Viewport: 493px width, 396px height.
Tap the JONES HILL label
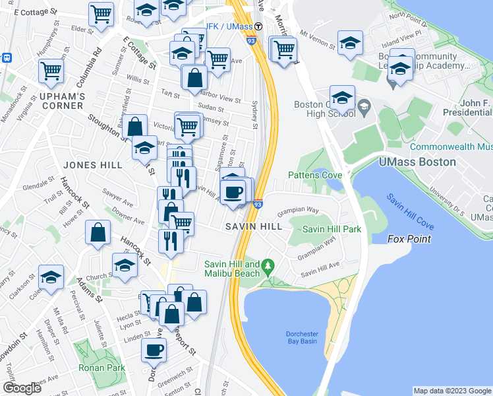(65, 165)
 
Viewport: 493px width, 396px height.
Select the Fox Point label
(409, 238)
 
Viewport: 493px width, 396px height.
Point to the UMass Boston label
(417, 162)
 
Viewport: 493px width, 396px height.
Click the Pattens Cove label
(314, 175)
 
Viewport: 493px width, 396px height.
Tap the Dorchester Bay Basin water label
(301, 337)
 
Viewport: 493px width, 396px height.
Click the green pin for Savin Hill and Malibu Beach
(267, 267)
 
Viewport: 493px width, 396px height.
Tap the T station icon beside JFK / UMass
(259, 26)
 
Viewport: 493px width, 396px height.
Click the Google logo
(22, 388)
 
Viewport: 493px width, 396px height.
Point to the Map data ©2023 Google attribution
(451, 391)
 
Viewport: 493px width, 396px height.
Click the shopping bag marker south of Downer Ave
(98, 233)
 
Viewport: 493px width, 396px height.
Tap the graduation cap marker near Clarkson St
(51, 278)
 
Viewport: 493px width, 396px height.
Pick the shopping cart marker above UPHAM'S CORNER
(51, 71)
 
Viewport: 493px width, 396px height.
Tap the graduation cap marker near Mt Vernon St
(349, 42)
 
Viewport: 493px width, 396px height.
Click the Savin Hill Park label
(332, 229)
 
